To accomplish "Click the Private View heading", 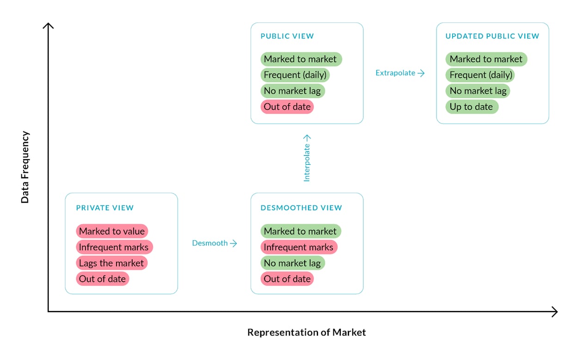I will click(x=104, y=208).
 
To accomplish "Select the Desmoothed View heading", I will click(x=301, y=208).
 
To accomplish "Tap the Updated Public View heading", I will click(x=492, y=36).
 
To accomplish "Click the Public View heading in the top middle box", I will click(x=287, y=36).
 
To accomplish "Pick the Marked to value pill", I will click(x=112, y=231).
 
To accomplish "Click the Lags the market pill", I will click(x=112, y=263).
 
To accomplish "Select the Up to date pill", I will click(x=471, y=107).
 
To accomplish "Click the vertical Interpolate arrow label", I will click(x=307, y=158).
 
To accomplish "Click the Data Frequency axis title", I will click(x=25, y=167).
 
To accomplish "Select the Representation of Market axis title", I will click(x=307, y=332).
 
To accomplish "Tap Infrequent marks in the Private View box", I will click(x=114, y=247).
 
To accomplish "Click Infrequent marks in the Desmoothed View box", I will click(x=299, y=247).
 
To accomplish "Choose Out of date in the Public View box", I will click(x=287, y=107).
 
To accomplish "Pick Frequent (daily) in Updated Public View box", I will click(x=480, y=75).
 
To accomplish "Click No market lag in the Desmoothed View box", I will click(x=292, y=263).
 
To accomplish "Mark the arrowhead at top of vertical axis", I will click(x=48, y=25).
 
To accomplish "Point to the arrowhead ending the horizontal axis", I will click(x=554, y=312).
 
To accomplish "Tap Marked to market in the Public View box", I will click(x=301, y=59).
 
